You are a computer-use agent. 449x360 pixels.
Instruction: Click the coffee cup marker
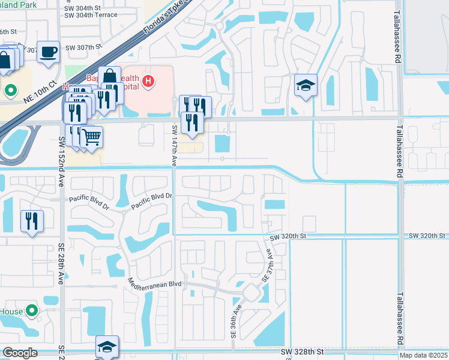click(48, 52)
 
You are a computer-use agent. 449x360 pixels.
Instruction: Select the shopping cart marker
click(91, 137)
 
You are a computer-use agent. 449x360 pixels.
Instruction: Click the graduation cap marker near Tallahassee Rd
click(306, 85)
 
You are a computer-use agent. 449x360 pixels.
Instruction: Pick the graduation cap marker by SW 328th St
click(107, 347)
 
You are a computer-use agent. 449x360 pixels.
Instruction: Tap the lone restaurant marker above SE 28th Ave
click(32, 221)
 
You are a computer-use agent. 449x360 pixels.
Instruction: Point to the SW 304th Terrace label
click(91, 15)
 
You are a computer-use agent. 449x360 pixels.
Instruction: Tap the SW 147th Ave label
click(174, 145)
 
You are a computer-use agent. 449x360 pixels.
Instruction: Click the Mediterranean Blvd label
click(155, 282)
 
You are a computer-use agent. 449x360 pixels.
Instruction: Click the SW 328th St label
click(304, 350)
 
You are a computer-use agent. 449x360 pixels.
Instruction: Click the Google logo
click(20, 353)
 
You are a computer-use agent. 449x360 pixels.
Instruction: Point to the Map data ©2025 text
click(423, 355)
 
